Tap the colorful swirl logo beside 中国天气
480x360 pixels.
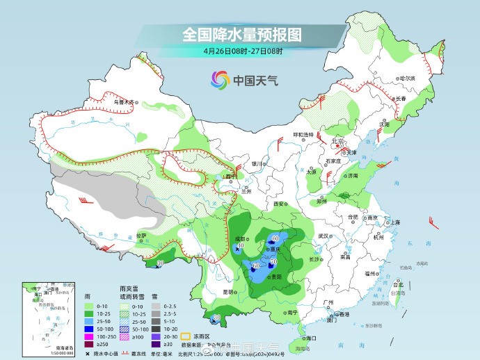tap(220, 80)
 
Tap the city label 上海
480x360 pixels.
tap(394, 222)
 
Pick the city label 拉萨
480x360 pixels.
tap(141, 236)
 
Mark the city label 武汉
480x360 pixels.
tap(323, 236)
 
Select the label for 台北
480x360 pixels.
tap(398, 285)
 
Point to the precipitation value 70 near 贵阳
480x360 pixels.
tap(273, 261)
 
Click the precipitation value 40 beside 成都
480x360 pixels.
tap(241, 245)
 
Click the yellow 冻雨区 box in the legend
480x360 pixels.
tap(186, 325)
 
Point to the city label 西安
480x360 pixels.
tap(280, 204)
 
